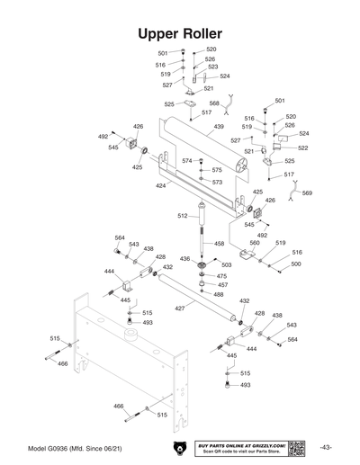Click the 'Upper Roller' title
click(x=180, y=32)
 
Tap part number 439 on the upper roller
click(x=218, y=128)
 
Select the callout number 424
click(x=160, y=186)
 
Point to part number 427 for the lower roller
click(x=179, y=308)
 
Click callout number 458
click(x=219, y=244)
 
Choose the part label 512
click(x=182, y=216)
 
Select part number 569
click(x=307, y=192)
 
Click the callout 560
click(x=255, y=243)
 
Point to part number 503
click(x=226, y=265)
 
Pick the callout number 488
click(x=219, y=294)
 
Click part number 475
click(x=221, y=276)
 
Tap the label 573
click(x=217, y=182)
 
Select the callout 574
click(x=186, y=161)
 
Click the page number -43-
click(x=327, y=447)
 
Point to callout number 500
click(x=295, y=264)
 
